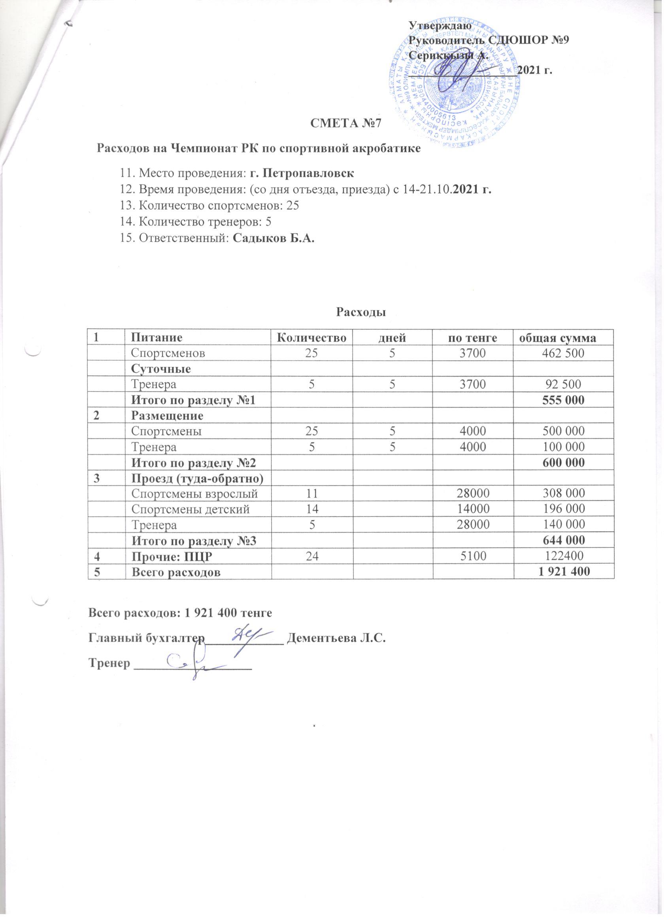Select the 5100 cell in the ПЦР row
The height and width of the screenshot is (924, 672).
pyautogui.click(x=473, y=556)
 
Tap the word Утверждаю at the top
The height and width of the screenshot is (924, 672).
pyautogui.click(x=440, y=25)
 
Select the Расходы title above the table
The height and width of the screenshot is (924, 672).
pyautogui.click(x=361, y=313)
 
